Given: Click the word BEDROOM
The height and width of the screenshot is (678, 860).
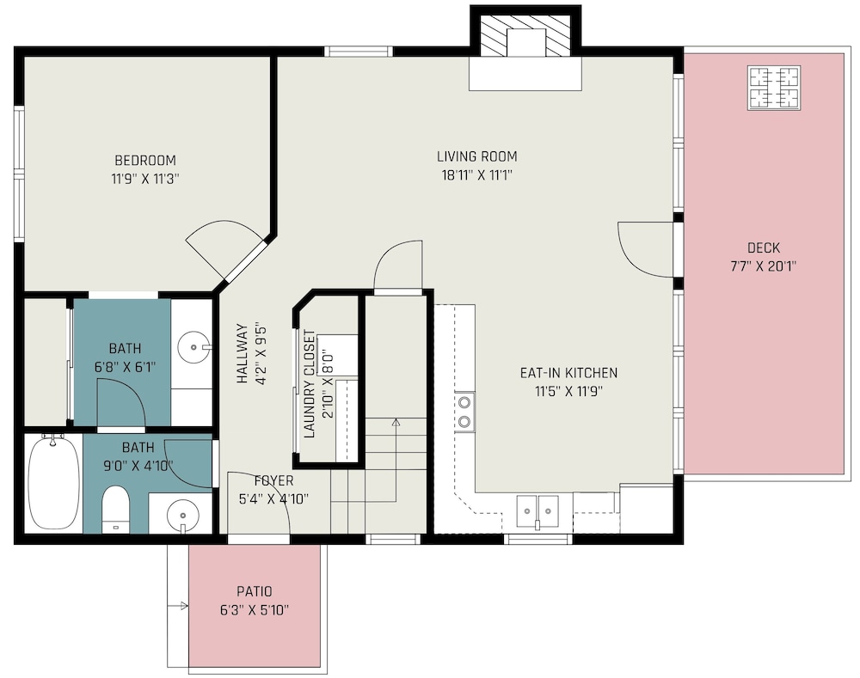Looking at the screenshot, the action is coord(145,160).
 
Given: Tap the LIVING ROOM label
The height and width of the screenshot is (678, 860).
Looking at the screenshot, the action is coord(476,156).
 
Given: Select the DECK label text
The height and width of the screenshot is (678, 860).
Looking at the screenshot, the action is coord(764,247).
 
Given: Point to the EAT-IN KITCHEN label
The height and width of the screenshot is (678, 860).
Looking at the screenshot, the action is coord(568,373).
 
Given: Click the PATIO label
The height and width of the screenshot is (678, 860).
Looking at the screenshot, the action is coord(255,591).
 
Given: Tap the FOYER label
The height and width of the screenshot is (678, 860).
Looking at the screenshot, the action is coord(273,480).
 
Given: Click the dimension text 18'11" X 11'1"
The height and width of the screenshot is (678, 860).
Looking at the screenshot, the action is coord(476,174).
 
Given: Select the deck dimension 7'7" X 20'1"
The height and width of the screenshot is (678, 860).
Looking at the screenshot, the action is coord(764,266).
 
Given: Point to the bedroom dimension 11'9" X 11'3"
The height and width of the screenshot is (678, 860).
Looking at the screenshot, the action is coord(145,179).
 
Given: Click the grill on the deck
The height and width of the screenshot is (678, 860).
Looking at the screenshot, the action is coord(774,88).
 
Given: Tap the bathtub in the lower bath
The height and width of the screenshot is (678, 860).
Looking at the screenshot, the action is coord(53,482).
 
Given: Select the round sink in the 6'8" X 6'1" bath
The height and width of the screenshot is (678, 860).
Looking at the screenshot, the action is coord(193,347).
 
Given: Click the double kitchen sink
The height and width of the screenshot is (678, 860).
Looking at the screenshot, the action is coord(537,510).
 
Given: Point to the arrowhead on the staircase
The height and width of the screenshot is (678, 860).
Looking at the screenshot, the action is coord(396,422).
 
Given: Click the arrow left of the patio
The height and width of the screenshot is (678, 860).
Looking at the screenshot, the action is coord(178,606).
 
